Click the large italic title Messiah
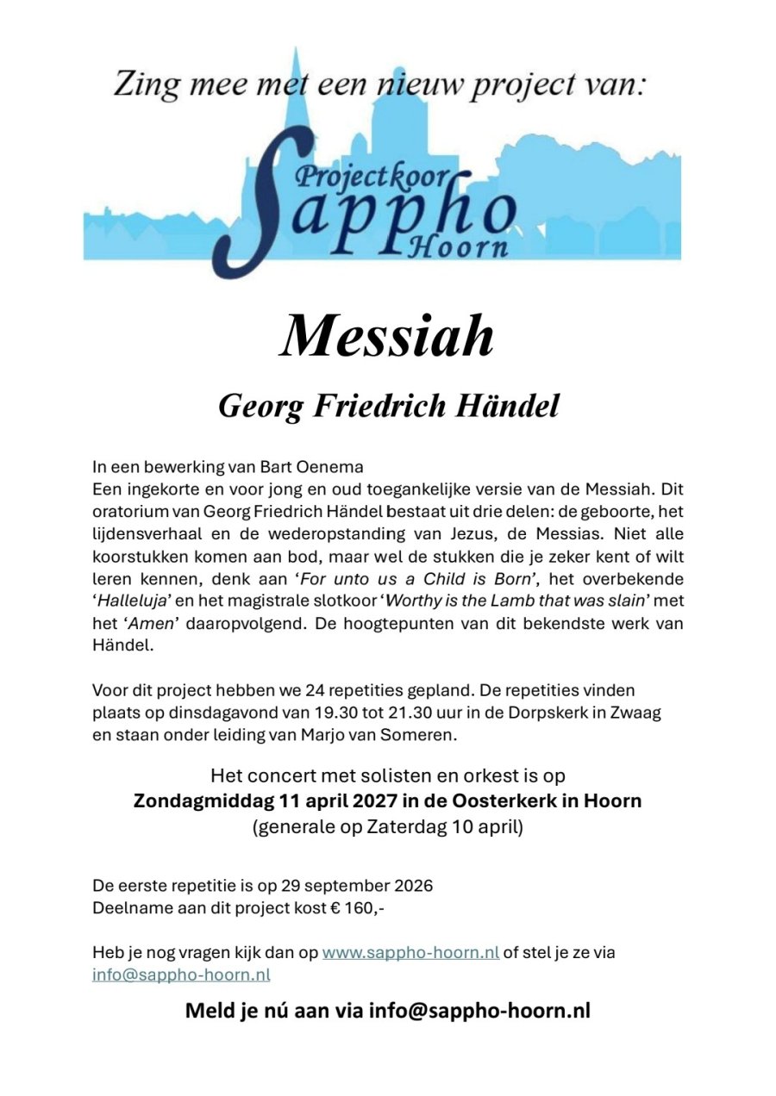387,336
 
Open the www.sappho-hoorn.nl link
410,953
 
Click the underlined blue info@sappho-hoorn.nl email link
181,975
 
